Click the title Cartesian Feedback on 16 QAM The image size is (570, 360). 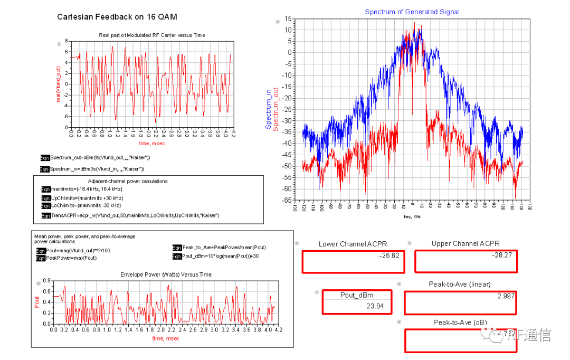coord(117,17)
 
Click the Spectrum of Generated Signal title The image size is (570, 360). coord(412,12)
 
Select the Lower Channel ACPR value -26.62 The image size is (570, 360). coord(389,255)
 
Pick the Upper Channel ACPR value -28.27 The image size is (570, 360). coord(502,255)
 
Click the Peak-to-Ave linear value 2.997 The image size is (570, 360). coord(505,296)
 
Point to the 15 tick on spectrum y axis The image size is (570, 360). coord(288,18)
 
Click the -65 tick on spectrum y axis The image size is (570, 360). coord(287,201)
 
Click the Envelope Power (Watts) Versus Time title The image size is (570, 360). coord(166,274)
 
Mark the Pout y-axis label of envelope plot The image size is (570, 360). coord(37,302)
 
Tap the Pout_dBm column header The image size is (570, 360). coord(356,295)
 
